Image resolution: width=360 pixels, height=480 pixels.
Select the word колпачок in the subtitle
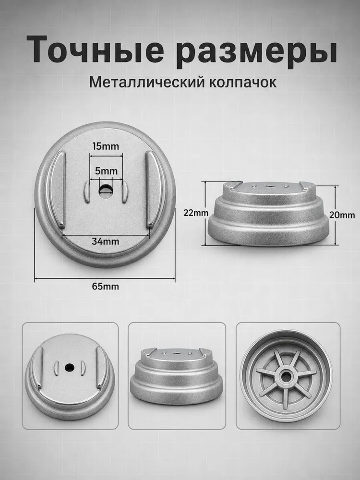coord(243,83)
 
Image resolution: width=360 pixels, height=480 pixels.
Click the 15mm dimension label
coord(106,146)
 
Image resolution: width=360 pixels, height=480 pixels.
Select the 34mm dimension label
coord(105,241)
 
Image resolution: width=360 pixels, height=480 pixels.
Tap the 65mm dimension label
coord(105,287)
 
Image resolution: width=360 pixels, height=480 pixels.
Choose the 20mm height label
coord(342,215)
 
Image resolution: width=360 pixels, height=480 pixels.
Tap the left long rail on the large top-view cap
coord(57,190)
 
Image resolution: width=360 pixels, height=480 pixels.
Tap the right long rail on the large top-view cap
coord(155,190)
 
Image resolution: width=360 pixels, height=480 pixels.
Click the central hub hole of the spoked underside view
coord(286,377)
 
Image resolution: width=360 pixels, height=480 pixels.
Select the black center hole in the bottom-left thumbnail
coord(69,366)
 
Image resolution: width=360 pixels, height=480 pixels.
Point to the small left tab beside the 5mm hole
coord(86,192)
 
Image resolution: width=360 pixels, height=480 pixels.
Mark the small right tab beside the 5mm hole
coord(125,192)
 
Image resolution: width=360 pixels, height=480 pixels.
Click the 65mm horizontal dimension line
coord(105,278)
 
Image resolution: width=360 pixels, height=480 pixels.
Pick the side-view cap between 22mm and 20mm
coord(268,214)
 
